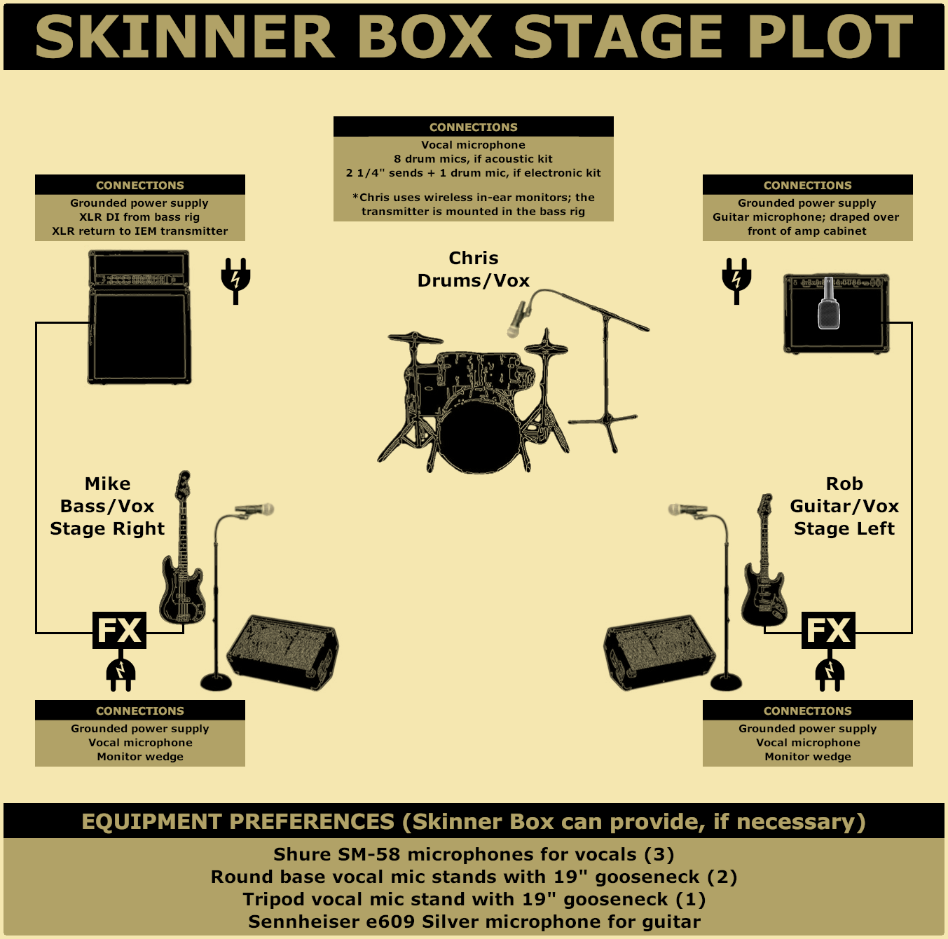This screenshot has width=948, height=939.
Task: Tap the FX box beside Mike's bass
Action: (120, 630)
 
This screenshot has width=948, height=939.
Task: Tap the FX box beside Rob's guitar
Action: (828, 630)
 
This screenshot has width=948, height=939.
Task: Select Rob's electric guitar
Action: (764, 561)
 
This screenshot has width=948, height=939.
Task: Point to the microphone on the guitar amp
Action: (829, 303)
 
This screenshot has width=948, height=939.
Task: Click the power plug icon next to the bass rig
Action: (235, 280)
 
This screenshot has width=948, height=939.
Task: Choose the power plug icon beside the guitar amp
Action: (736, 280)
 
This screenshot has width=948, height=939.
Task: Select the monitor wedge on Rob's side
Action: (659, 652)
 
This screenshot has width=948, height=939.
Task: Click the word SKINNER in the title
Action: (185, 37)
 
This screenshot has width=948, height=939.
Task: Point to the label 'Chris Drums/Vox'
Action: (473, 269)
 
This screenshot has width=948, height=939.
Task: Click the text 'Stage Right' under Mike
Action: (107, 528)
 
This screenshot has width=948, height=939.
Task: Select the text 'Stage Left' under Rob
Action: (844, 528)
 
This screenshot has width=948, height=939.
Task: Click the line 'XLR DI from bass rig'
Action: (139, 217)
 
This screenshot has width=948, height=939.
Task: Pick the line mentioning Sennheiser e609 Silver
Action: (474, 921)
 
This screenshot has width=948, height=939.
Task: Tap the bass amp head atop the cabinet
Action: (139, 268)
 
